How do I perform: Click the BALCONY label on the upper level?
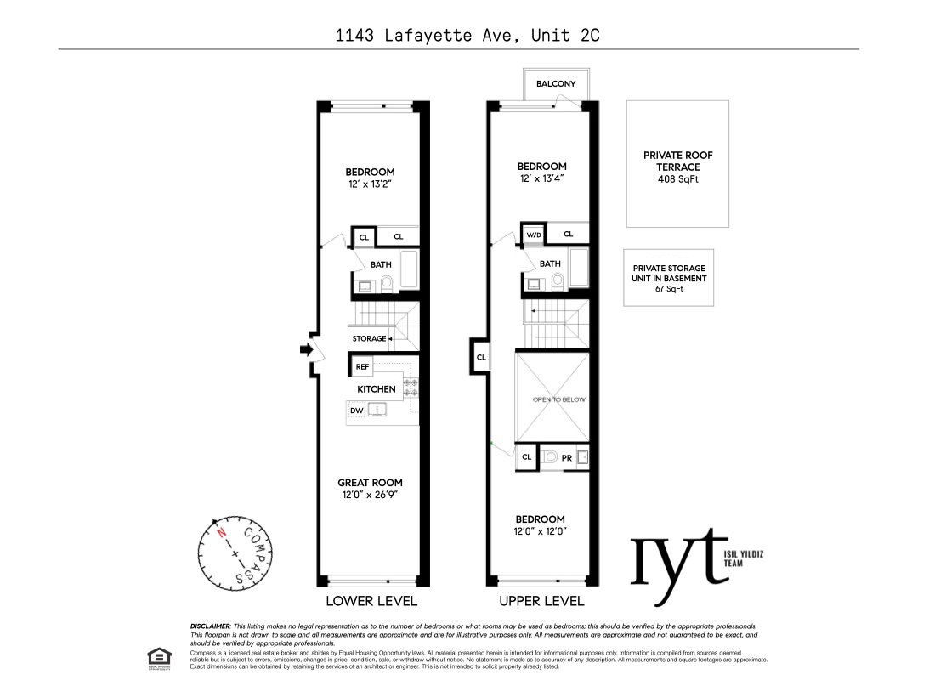556,83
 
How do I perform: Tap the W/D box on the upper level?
533,235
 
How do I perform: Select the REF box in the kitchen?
363,366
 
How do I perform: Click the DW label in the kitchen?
357,411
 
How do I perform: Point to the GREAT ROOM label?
370,483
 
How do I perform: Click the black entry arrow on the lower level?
305,348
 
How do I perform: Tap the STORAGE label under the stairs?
369,338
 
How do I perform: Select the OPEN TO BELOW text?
558,399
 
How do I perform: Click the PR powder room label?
567,457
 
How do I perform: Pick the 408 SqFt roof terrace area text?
677,179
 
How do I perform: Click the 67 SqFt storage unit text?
669,289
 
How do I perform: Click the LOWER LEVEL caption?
371,601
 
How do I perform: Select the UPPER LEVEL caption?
541,601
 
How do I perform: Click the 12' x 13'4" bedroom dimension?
542,178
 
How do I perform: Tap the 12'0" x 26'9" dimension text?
370,494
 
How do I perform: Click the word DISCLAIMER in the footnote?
210,626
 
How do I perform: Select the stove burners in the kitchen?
411,388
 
